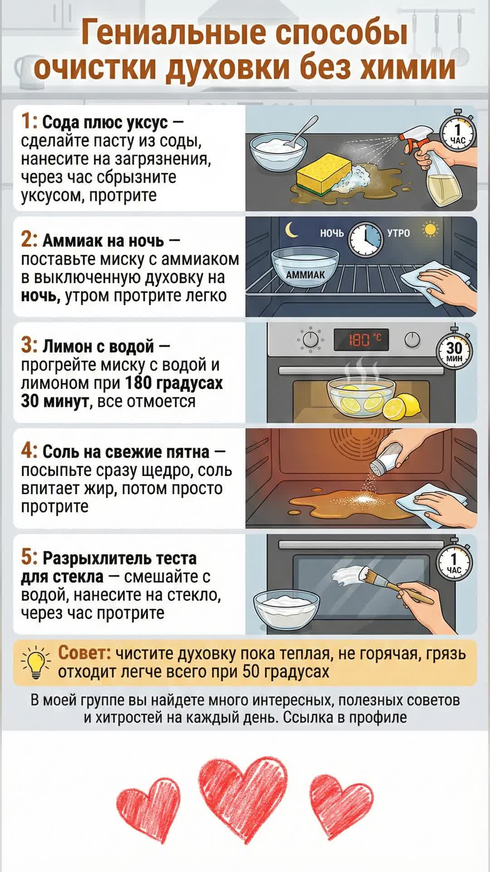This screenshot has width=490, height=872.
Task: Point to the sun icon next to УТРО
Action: pyautogui.click(x=430, y=230)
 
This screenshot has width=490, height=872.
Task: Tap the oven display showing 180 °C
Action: pyautogui.click(x=362, y=339)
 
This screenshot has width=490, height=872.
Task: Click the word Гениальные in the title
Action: pyautogui.click(x=174, y=33)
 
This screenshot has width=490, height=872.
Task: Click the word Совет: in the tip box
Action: pyautogui.click(x=85, y=653)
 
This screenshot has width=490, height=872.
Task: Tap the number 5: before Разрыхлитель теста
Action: pyautogui.click(x=29, y=558)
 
